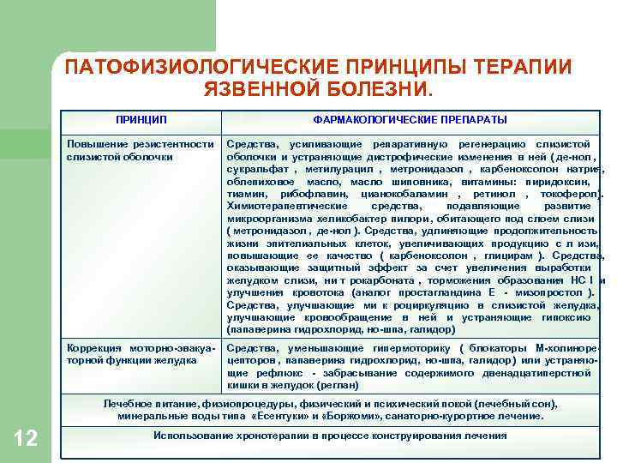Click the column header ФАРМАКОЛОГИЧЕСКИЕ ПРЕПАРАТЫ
410,119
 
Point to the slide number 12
26,439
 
